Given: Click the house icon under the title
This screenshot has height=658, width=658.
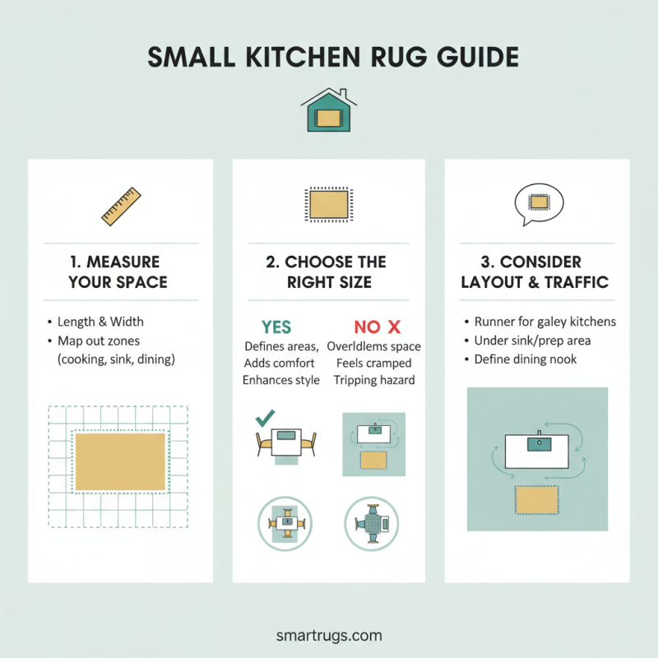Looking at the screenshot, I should pos(328,111).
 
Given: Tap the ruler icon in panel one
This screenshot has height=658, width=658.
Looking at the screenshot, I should pos(121,206).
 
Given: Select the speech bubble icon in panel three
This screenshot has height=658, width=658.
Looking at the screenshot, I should pos(538,202).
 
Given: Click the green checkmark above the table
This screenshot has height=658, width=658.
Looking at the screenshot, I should pos(266,419).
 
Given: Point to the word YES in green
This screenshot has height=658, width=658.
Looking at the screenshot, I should pos(276,327).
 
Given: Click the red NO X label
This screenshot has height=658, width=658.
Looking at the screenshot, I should pos(377,327).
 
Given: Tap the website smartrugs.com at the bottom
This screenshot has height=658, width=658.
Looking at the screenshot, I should pos(329,635).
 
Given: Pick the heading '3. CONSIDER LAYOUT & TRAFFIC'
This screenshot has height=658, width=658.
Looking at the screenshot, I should pos(535,272).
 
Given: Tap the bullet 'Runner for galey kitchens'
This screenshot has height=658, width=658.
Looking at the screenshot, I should pos(545,322).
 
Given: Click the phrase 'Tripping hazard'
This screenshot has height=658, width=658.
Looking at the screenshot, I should pos(375,380).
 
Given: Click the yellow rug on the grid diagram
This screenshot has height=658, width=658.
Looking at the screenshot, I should pos(121,461).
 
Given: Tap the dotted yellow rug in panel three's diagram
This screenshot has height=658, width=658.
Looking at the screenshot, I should pos(536,499).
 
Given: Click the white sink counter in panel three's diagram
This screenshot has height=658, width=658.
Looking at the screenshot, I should pos(538,452).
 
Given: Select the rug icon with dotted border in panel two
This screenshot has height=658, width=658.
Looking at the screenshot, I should pos(327,202).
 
